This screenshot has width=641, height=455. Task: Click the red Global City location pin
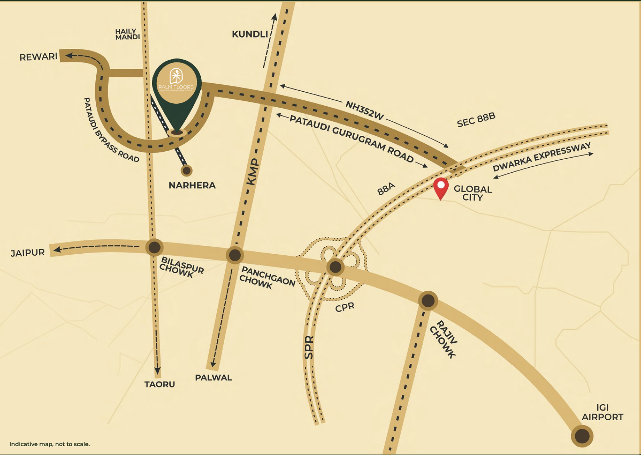tap(441, 187)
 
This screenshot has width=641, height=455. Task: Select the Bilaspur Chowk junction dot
tap(154, 247)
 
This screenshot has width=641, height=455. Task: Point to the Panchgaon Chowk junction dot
tap(235, 255)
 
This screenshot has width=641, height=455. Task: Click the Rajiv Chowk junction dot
tap(428, 300)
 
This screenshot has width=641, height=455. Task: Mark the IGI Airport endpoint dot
tap(582, 436)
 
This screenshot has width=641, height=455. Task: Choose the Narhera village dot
tap(186, 171)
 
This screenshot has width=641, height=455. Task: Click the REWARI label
tap(38, 57)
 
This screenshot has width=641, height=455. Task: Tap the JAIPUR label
tap(28, 253)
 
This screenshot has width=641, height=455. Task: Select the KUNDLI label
tap(250, 34)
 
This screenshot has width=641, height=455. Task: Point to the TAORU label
tap(159, 384)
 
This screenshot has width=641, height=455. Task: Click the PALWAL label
tap(214, 377)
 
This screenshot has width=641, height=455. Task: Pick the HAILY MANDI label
tap(127, 34)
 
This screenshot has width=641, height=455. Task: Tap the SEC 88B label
tap(476, 120)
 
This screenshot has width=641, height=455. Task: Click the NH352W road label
tap(365, 110)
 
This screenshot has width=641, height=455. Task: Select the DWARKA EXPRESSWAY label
tap(542, 156)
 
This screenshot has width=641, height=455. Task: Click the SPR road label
tap(309, 347)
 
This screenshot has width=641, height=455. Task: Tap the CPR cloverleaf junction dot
tap(335, 267)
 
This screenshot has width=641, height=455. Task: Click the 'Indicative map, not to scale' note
tap(50, 444)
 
